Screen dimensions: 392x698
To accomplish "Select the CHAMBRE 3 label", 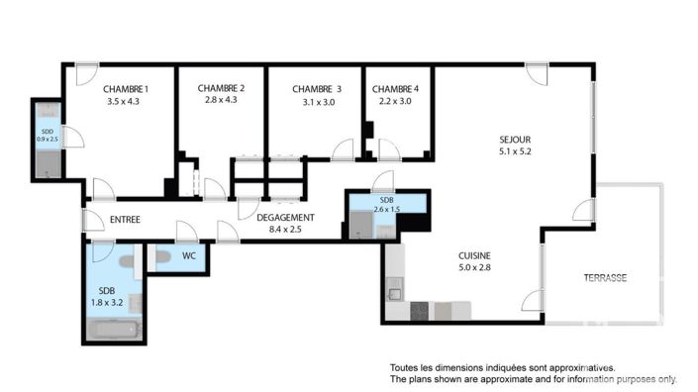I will coord(316,88).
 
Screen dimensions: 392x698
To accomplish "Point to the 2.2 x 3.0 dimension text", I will coord(395,100).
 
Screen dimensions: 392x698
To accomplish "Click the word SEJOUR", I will coord(515,140).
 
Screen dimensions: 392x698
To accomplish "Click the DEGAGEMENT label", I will coord(285,218).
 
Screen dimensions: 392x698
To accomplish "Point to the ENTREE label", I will coord(124,220).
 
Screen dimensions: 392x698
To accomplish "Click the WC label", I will coord(188,255).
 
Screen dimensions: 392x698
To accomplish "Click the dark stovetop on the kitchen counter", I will coord(420,311).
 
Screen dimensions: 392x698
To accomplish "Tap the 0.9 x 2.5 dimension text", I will coord(48,140).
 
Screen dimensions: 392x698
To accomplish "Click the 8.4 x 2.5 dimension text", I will coord(285,230).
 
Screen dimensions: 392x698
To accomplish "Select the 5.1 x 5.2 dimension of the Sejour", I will coord(515,151).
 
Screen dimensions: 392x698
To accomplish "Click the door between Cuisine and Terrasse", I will coord(536,300).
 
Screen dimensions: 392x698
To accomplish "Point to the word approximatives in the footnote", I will coord(583,367).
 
